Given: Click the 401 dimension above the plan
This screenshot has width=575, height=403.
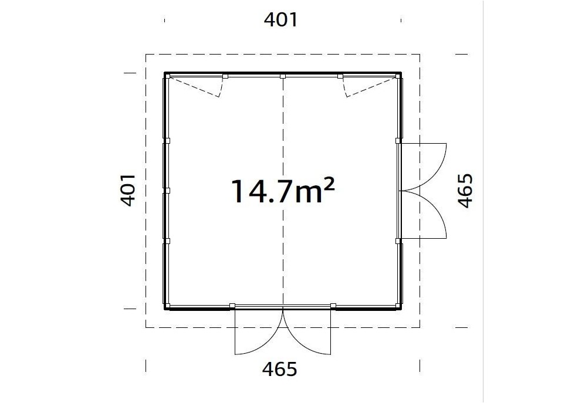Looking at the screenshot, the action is pyautogui.click(x=280, y=20).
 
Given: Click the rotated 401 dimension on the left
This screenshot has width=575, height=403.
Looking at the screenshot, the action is pyautogui.click(x=128, y=190).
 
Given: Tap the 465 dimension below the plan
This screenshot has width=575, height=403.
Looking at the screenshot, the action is pyautogui.click(x=279, y=369).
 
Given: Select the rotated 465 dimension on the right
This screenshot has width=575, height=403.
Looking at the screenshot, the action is pyautogui.click(x=466, y=191).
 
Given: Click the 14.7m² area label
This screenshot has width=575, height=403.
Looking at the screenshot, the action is pyautogui.click(x=282, y=191).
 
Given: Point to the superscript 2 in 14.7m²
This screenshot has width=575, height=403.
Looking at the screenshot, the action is pyautogui.click(x=329, y=184).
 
